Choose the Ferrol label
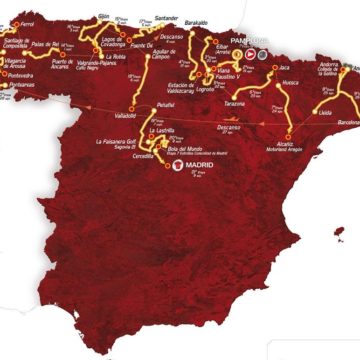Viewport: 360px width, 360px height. (31, 19)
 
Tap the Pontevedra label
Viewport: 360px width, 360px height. (19, 73)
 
